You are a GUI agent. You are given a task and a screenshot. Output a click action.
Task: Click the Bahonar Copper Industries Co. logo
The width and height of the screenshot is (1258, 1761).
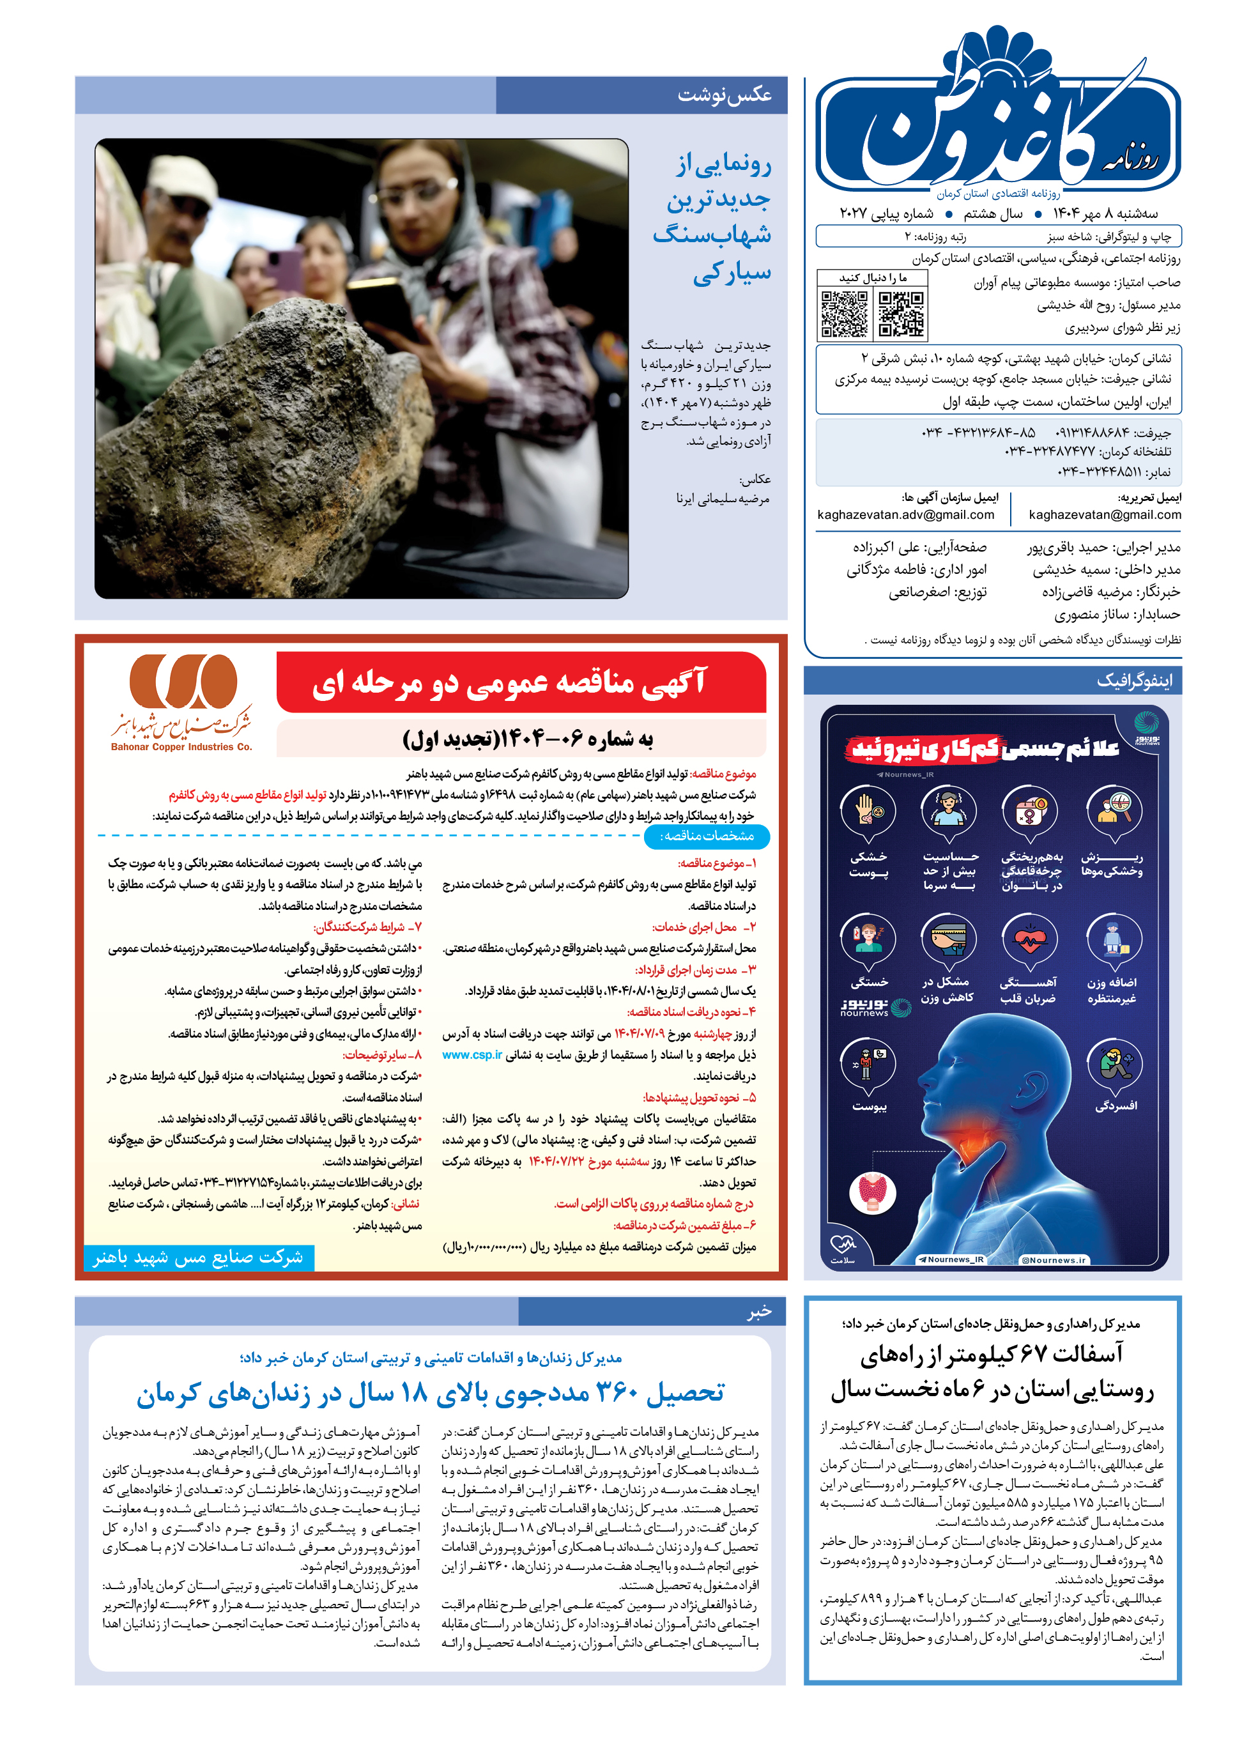183,700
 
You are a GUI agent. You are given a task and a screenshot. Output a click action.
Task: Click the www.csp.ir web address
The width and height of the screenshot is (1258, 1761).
472,1054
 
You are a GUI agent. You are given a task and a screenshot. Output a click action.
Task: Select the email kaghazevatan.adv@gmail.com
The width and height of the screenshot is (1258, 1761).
905,514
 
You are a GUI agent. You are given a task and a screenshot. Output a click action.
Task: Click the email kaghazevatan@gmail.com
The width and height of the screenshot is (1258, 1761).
1105,514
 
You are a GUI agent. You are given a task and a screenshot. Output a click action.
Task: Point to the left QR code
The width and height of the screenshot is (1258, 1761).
845,314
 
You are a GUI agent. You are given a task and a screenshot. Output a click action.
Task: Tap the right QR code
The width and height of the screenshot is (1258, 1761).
901,314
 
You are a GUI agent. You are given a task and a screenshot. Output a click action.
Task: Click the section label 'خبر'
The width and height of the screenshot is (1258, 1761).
758,1311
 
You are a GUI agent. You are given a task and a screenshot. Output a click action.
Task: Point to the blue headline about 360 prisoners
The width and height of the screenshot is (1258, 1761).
430,1392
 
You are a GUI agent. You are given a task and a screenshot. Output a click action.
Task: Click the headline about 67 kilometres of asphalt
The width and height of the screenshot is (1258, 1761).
992,1371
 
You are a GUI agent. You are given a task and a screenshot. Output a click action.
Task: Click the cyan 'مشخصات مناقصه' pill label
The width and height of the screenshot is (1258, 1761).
706,836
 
